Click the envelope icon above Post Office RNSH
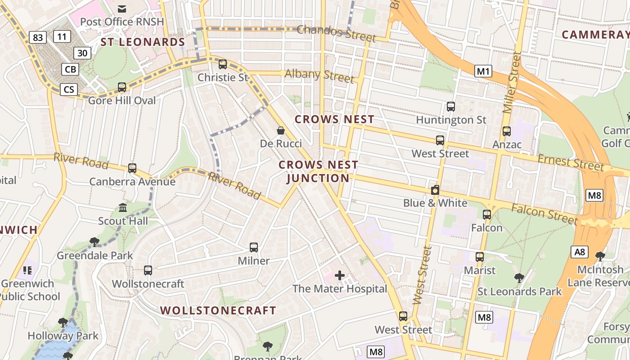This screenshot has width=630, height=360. click(x=122, y=9)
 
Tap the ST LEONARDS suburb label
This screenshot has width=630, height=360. click(x=143, y=42)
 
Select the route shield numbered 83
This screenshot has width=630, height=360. click(x=38, y=37)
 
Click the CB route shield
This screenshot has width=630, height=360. click(x=70, y=69)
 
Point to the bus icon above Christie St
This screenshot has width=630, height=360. click(x=222, y=64)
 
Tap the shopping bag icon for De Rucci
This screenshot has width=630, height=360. click(x=281, y=130)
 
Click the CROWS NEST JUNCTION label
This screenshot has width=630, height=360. click(x=318, y=171)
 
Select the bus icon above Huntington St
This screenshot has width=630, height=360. click(x=451, y=107)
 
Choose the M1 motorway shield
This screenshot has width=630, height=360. click(x=483, y=71)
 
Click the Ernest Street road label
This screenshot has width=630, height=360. click(x=571, y=162)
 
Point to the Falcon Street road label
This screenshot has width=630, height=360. click(x=544, y=213)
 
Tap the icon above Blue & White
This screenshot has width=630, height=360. click(x=435, y=190)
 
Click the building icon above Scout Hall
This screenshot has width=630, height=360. click(x=123, y=207)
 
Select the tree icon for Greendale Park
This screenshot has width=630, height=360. click(x=94, y=242)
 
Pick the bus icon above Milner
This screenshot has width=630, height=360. click(x=254, y=247)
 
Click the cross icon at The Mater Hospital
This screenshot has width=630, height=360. click(x=340, y=275)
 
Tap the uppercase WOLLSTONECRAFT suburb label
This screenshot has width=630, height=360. click(x=218, y=310)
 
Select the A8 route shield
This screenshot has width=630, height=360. click(x=579, y=252)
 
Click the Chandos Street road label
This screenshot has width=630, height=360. click(x=336, y=33)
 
